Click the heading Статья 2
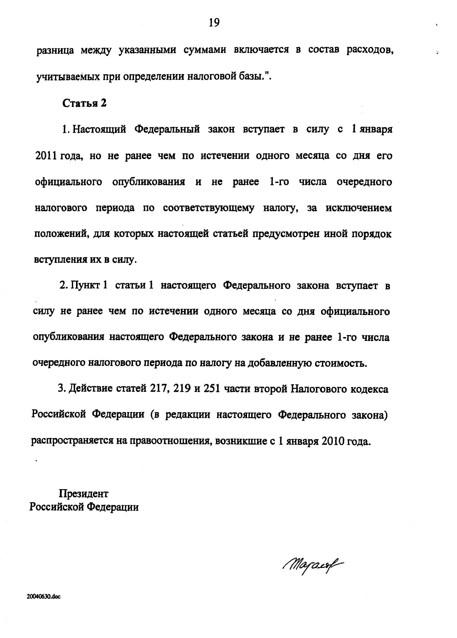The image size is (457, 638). (x=84, y=103)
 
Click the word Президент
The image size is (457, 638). (x=84, y=493)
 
